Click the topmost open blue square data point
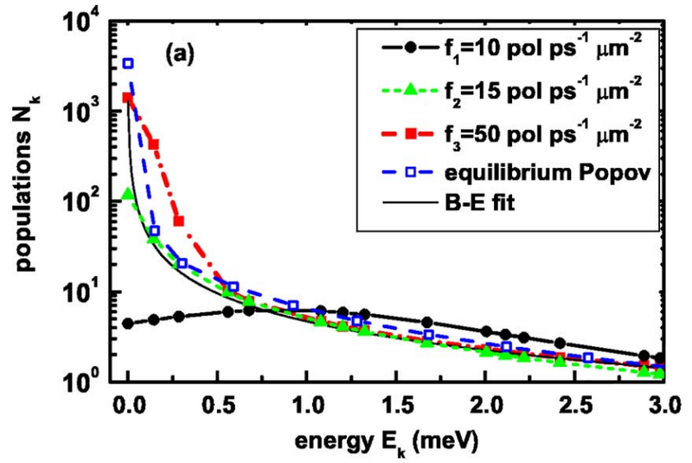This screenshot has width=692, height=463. pyautogui.click(x=129, y=63)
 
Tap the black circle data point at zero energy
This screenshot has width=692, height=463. pyautogui.click(x=128, y=324)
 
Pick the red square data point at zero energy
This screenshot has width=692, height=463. pyautogui.click(x=128, y=98)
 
